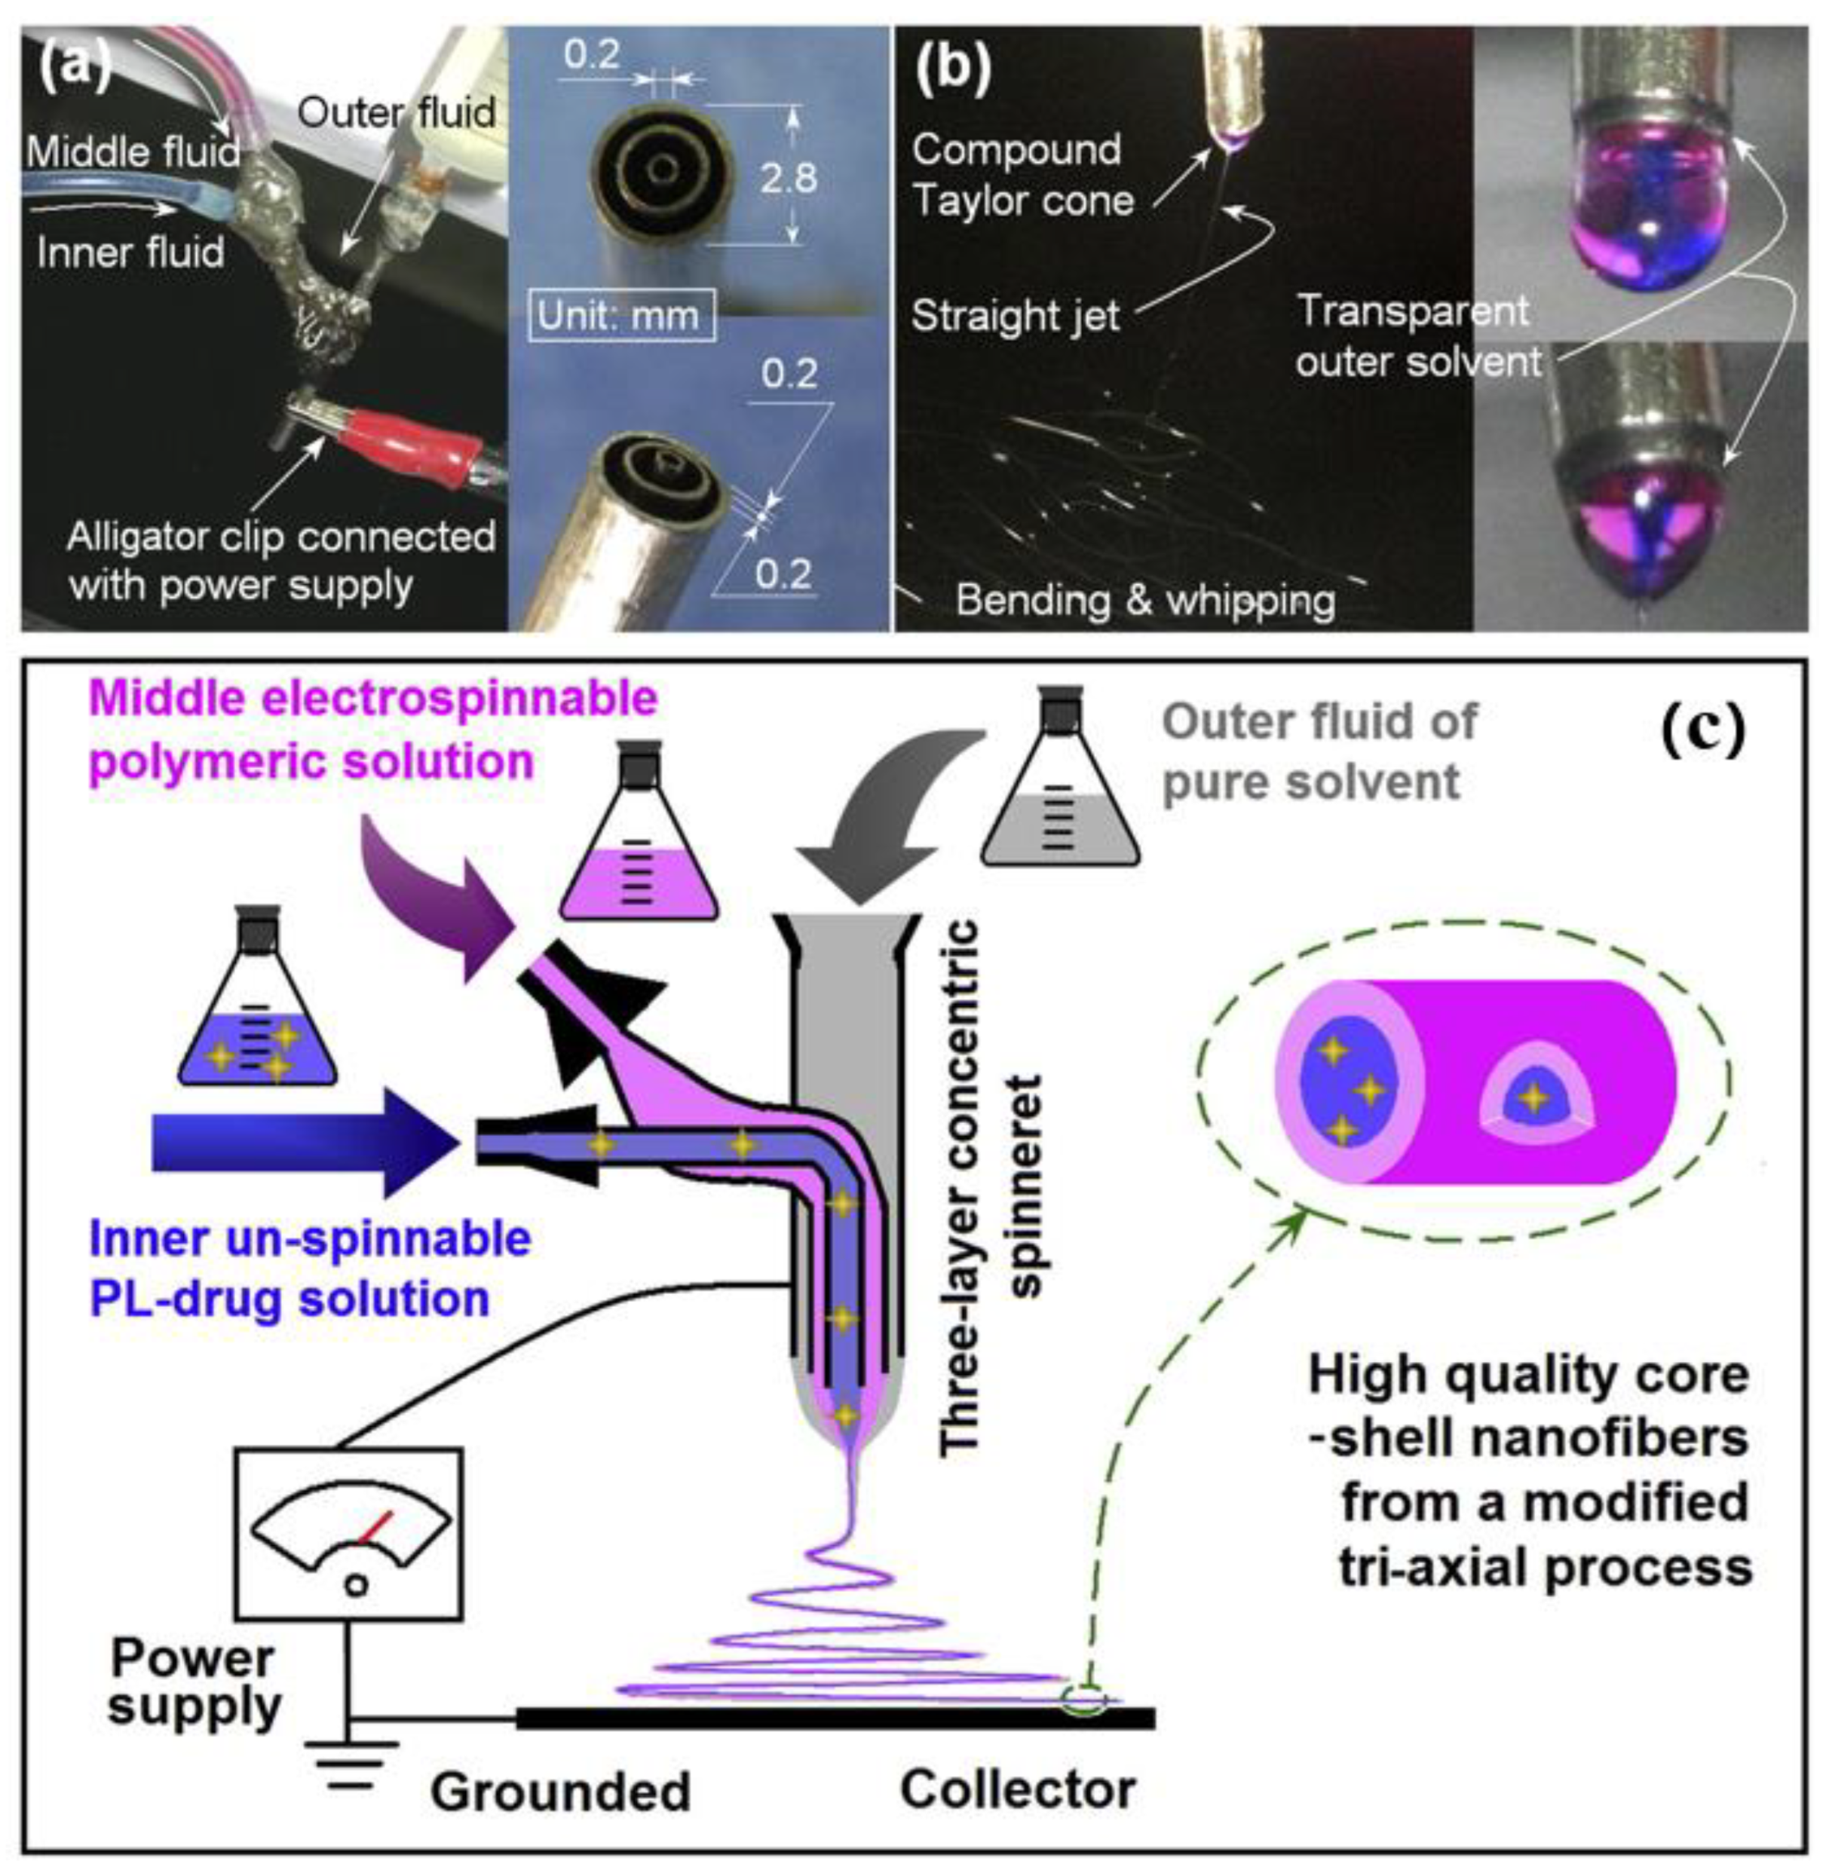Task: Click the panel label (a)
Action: (x=75, y=67)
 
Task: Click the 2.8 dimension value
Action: (x=789, y=179)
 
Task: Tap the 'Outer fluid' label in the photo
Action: (x=396, y=113)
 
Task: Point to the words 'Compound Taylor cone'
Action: (x=1022, y=176)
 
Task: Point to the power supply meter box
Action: (x=349, y=1532)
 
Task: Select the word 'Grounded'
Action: (x=560, y=1790)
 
